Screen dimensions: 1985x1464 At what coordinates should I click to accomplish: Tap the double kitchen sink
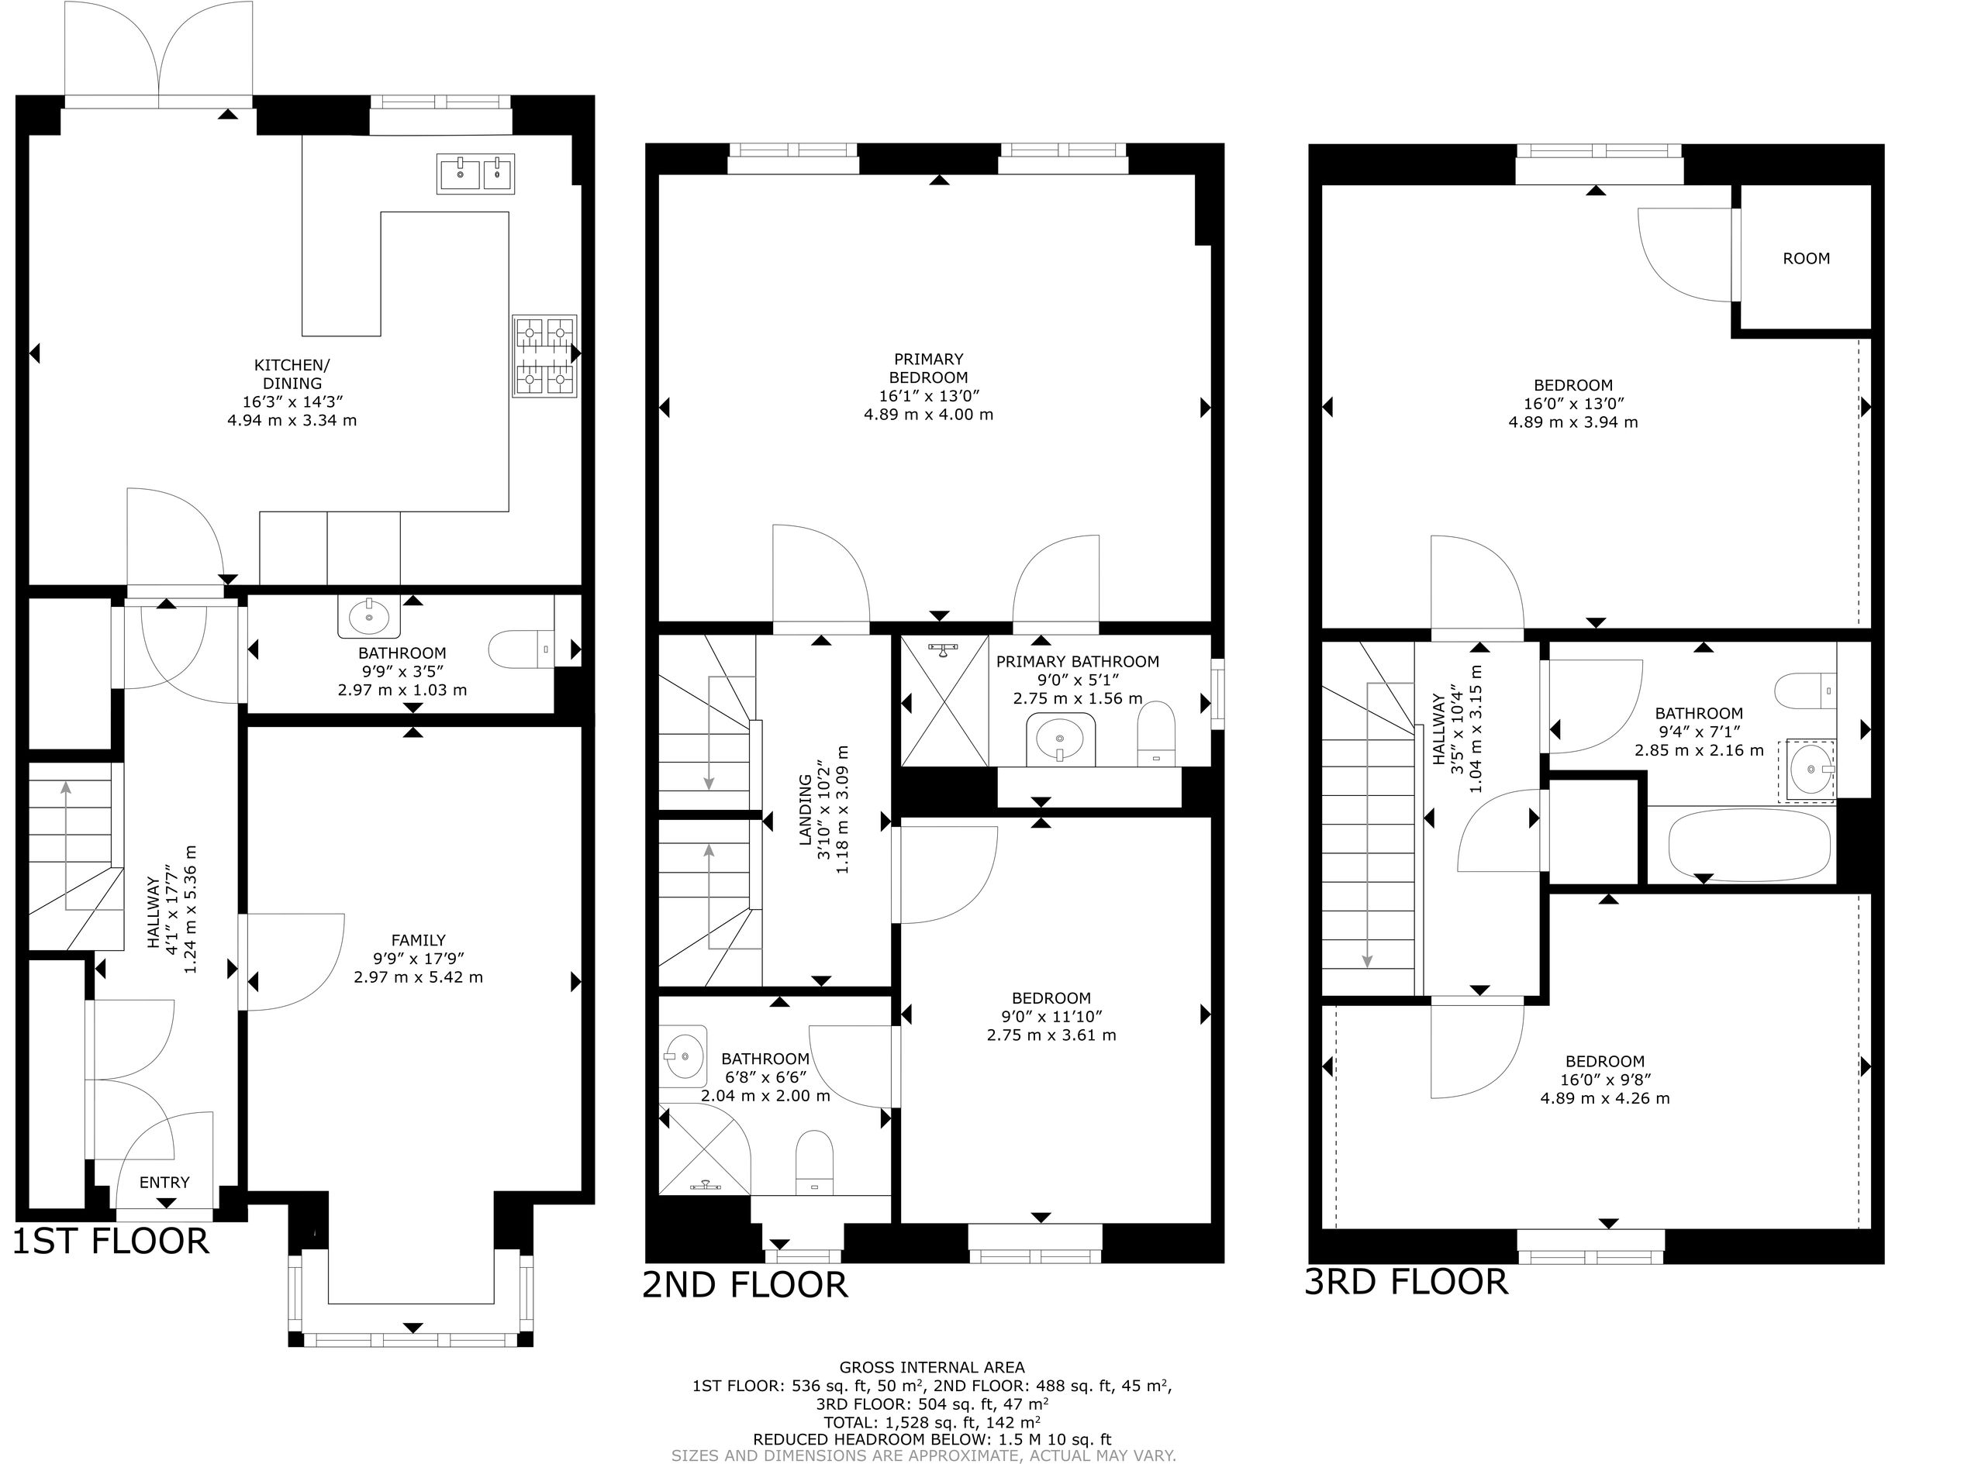coord(475,174)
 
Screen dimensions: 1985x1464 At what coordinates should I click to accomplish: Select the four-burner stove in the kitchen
coord(544,356)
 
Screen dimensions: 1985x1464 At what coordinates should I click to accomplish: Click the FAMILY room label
coord(419,940)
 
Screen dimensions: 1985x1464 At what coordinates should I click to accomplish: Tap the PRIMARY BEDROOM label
coord(928,368)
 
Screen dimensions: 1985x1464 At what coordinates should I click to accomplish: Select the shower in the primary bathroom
coord(944,700)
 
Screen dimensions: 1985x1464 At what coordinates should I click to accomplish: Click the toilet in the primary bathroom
coord(1156,734)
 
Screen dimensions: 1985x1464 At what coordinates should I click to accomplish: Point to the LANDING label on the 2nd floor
coord(805,810)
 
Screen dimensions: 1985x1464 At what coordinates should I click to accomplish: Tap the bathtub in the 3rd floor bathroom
coord(1749,845)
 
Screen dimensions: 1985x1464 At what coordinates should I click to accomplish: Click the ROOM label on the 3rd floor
coord(1806,259)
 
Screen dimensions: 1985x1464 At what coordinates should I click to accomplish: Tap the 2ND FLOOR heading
coord(744,1285)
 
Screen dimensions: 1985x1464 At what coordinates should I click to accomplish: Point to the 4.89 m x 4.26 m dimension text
coord(1604,1098)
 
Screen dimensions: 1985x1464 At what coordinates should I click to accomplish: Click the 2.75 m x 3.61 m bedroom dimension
coord(1051,1035)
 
